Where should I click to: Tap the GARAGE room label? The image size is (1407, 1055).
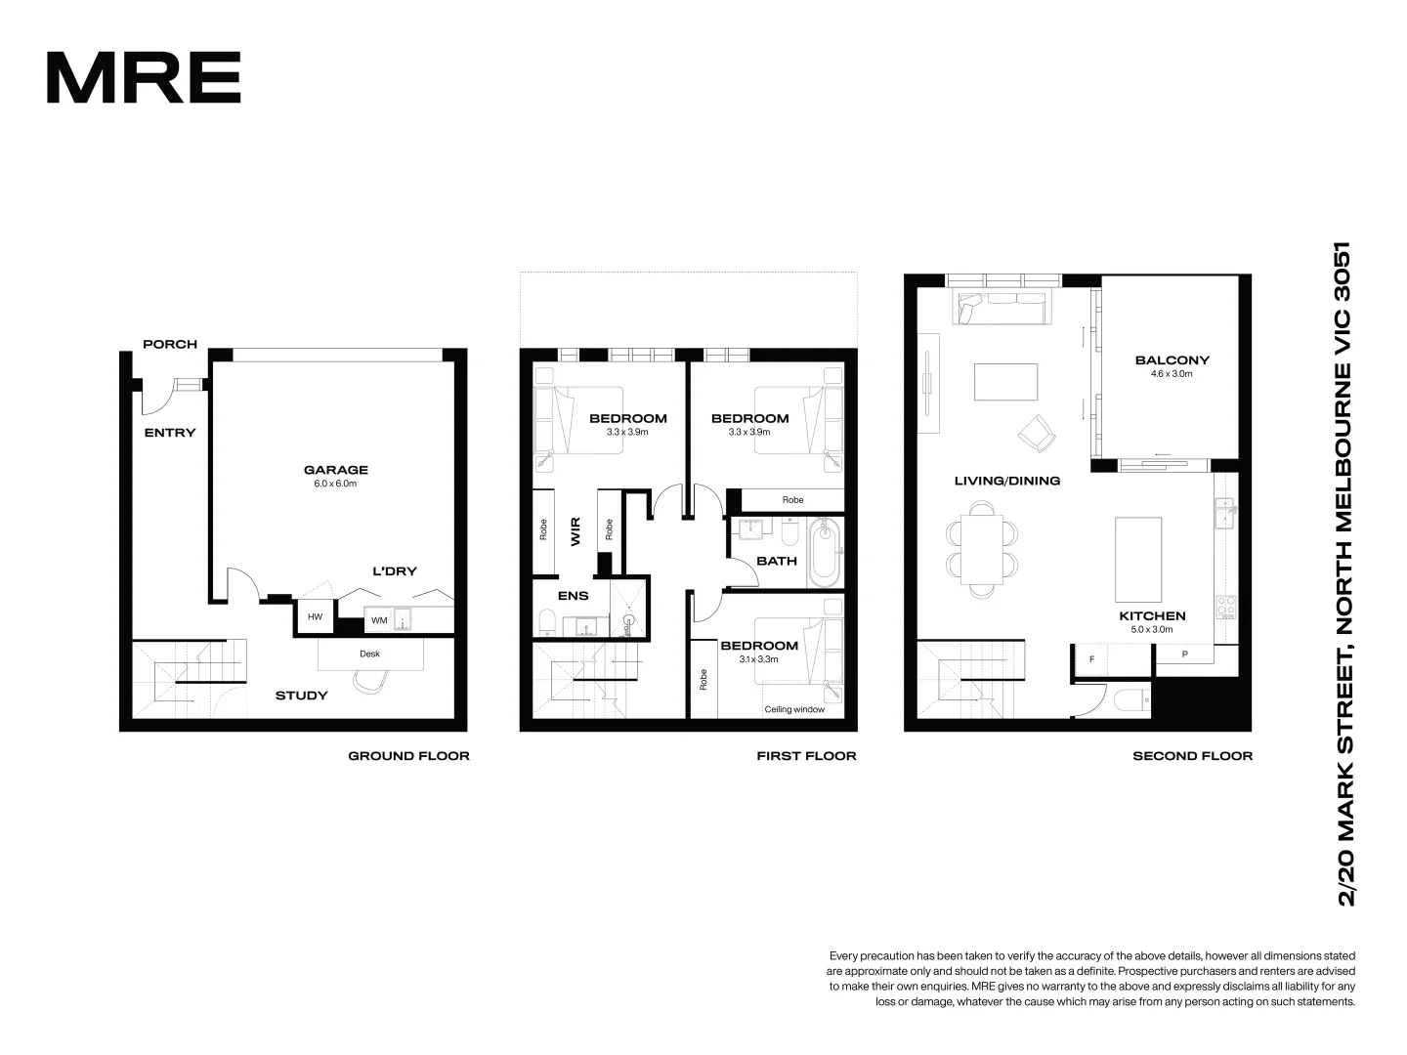tap(335, 470)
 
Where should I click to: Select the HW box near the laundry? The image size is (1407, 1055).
tap(315, 617)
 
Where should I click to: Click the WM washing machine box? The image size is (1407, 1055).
tap(378, 620)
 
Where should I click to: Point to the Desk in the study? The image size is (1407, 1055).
tap(369, 654)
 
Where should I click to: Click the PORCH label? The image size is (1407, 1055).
tap(170, 344)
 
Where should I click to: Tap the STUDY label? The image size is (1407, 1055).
tap(301, 696)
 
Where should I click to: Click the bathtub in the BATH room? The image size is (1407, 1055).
tap(826, 552)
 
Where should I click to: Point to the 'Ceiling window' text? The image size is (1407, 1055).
tap(794, 709)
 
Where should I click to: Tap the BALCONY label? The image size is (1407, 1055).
tap(1172, 360)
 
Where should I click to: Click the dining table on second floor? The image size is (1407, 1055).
tap(982, 548)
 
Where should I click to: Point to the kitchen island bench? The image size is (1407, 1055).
tap(1138, 560)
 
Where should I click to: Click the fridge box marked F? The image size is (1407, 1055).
tap(1091, 658)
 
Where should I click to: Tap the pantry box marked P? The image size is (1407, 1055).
tap(1184, 654)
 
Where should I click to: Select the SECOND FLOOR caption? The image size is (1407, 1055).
tap(1192, 756)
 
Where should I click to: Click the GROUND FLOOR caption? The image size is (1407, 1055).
tap(408, 756)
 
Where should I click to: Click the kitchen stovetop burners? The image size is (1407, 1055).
tap(1225, 607)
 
